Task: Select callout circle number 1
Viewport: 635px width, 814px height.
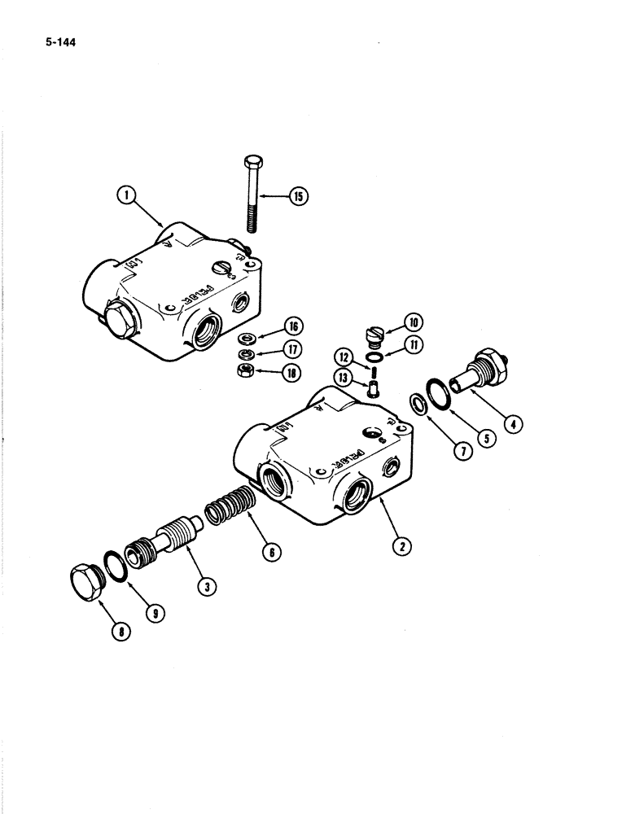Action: coord(125,195)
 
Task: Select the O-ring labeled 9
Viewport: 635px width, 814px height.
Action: coord(113,566)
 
